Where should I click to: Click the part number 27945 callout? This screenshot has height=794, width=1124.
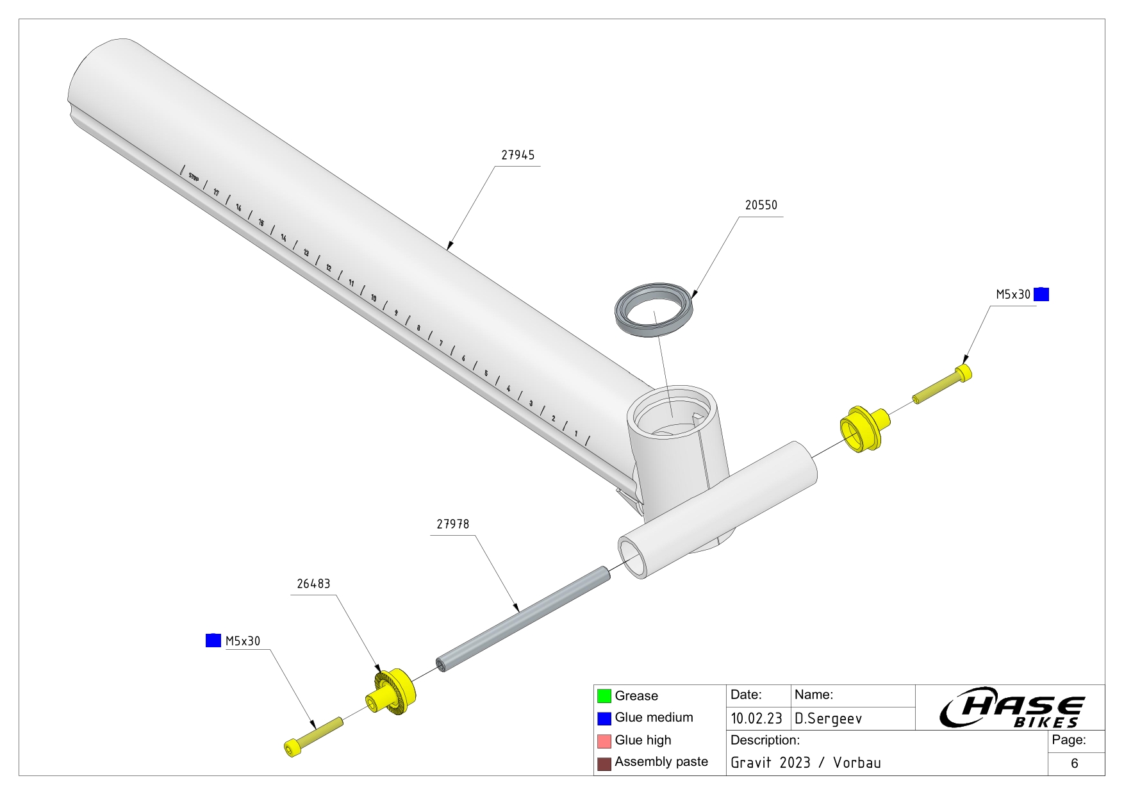[517, 155]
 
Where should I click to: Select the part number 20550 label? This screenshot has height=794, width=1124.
[761, 205]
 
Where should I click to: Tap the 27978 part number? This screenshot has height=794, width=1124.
[452, 524]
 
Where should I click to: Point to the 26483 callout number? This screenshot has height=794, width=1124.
[313, 584]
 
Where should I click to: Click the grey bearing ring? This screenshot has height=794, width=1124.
[654, 308]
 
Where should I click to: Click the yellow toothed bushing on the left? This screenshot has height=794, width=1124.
[392, 692]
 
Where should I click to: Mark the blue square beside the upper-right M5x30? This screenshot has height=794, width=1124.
[1041, 294]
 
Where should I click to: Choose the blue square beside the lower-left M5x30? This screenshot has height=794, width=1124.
[213, 640]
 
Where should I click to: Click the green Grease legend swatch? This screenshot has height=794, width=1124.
[604, 696]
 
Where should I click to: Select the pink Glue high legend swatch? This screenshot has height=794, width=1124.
[604, 741]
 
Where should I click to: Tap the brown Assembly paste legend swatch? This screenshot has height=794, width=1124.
[604, 763]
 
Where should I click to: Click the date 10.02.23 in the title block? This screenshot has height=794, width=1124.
[756, 718]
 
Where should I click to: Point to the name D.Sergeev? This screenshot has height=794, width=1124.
[828, 718]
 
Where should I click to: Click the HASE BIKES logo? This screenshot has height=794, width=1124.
[1011, 709]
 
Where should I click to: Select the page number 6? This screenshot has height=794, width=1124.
[1075, 763]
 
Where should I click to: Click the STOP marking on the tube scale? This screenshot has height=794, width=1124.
[194, 178]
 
